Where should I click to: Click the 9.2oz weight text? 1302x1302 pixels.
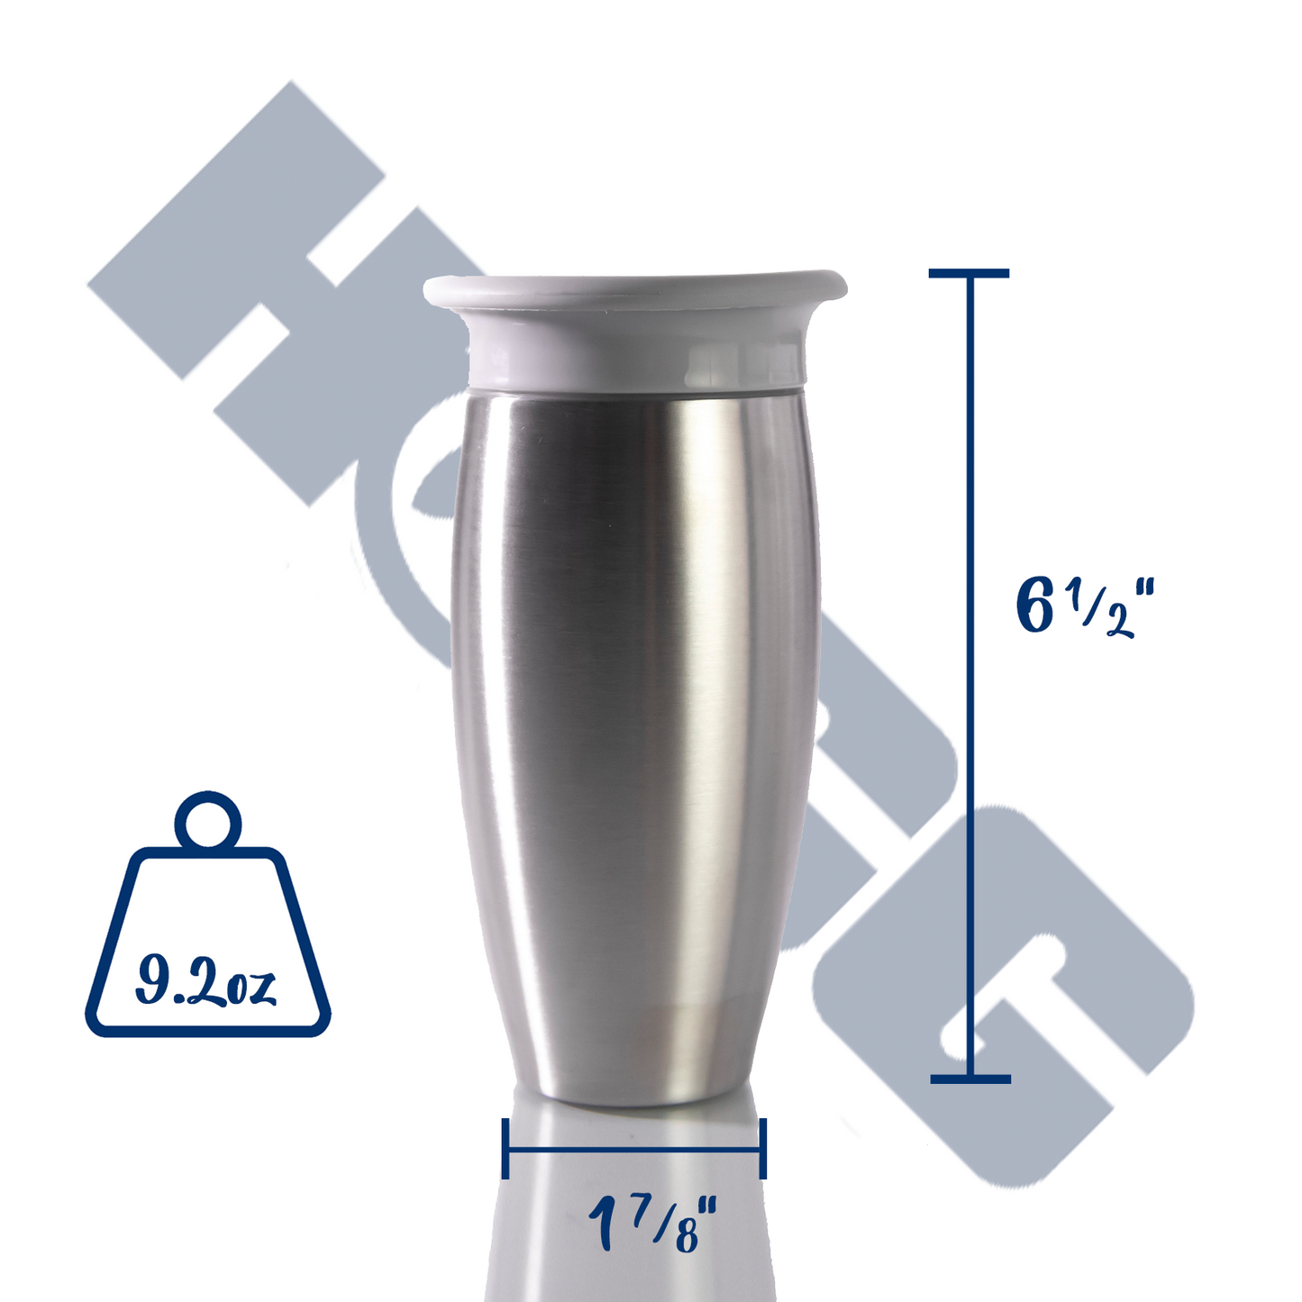pyautogui.click(x=205, y=982)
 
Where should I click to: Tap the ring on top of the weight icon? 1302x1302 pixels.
pyautogui.click(x=208, y=821)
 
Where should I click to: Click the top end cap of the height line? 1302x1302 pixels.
pyautogui.click(x=970, y=273)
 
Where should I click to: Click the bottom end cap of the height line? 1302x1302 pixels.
pyautogui.click(x=970, y=1079)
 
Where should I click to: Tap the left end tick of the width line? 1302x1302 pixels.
pyautogui.click(x=505, y=1148)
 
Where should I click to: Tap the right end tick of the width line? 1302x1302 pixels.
pyautogui.click(x=763, y=1148)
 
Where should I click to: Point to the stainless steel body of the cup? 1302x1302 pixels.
pyautogui.click(x=634, y=721)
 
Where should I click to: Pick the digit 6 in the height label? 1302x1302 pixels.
pyautogui.click(x=1035, y=607)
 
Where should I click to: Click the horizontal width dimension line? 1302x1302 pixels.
pyautogui.click(x=634, y=1149)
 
